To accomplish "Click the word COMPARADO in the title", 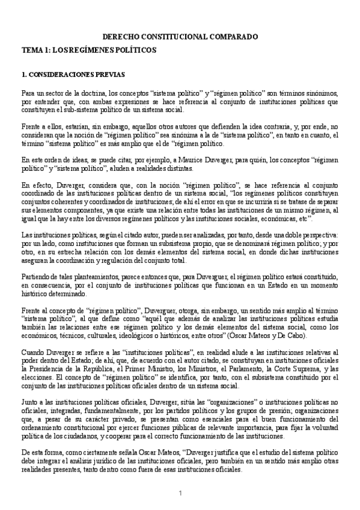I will pyautogui.click(x=234, y=36).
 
